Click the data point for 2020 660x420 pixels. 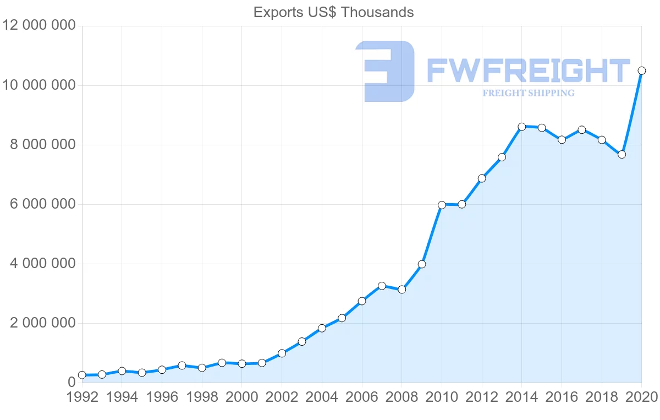(x=641, y=70)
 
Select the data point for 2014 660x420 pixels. (x=522, y=127)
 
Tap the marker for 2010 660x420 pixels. (x=442, y=205)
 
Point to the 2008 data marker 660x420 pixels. (x=402, y=290)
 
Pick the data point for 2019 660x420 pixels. (x=621, y=155)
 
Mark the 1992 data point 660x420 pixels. (x=82, y=375)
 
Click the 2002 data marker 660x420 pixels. (x=282, y=353)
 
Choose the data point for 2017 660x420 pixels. (x=581, y=130)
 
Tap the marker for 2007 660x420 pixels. (x=382, y=286)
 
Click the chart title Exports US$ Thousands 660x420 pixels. (x=333, y=12)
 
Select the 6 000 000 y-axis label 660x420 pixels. (x=42, y=204)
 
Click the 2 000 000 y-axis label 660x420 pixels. (x=42, y=323)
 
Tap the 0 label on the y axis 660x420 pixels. (x=71, y=383)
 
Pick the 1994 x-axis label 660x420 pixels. (x=122, y=397)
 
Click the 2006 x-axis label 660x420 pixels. (x=362, y=397)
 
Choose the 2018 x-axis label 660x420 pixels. (x=601, y=397)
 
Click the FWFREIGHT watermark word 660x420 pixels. (x=528, y=71)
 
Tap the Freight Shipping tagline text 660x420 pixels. (x=528, y=93)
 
